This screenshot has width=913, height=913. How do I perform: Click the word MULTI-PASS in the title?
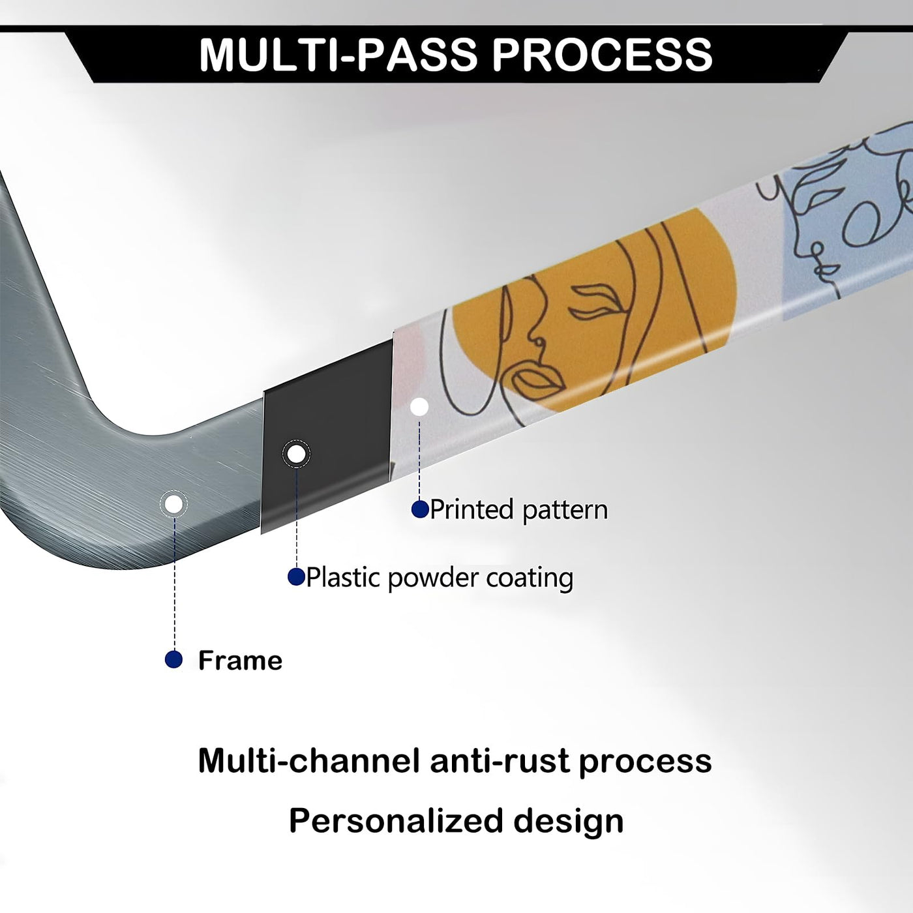coord(338,54)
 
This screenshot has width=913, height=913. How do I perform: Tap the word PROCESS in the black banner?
coord(603,54)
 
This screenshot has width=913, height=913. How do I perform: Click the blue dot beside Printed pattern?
coord(420,509)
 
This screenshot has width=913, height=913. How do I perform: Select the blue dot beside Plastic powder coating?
coord(296,576)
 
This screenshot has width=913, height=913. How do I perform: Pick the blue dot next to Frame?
coord(174,659)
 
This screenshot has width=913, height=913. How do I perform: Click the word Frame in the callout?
coord(240,660)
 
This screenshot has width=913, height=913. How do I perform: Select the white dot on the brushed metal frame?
coord(174,503)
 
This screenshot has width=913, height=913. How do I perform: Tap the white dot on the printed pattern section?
coord(419,406)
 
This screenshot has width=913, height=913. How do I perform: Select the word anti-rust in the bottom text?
coord(500,762)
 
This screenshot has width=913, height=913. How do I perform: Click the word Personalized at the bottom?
coord(396,821)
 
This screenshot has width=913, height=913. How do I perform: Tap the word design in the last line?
coord(569,821)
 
